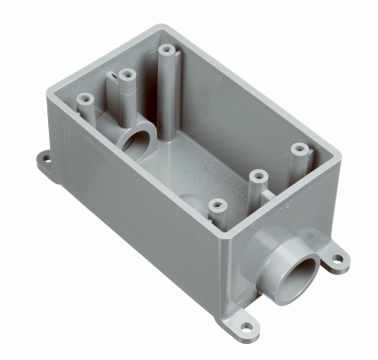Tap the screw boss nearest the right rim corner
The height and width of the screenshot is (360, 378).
(x=300, y=149)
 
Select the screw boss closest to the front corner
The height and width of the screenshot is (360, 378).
(x=217, y=205)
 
